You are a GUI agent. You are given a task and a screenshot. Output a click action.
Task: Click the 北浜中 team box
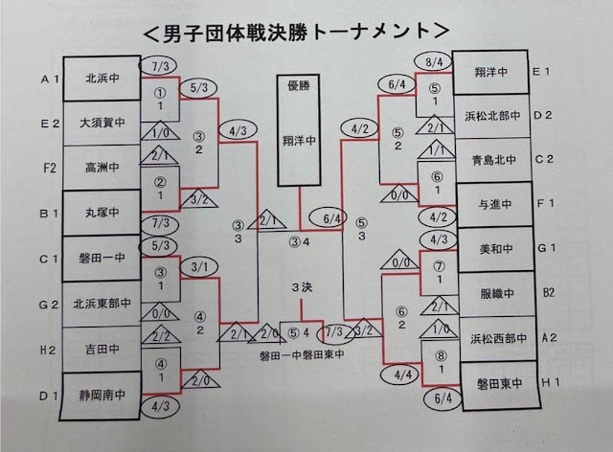point(102,80)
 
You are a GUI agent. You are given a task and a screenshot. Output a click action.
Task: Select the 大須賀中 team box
point(102,124)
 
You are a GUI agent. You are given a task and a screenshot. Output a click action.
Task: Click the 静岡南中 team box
point(102,392)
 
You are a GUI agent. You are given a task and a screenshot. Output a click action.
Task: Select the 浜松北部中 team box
point(490,114)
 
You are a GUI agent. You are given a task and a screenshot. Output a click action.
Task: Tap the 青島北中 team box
point(490,158)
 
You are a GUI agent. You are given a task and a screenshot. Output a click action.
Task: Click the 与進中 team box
point(490,203)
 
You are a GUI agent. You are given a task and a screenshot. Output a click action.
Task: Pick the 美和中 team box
point(490,247)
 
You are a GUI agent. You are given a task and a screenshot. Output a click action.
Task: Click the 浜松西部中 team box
point(490,338)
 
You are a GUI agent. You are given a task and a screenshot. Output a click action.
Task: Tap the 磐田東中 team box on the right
point(490,383)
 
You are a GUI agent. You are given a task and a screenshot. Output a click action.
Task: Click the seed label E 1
point(542,71)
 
